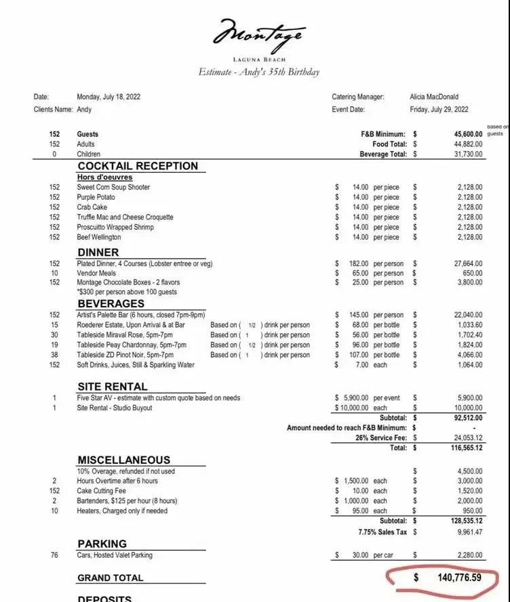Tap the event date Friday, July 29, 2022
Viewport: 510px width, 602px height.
[x=439, y=109]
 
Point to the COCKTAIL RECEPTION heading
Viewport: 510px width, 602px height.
[x=138, y=166]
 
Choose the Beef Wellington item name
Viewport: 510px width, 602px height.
[x=99, y=237]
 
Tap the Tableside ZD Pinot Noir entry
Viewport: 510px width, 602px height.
[x=125, y=355]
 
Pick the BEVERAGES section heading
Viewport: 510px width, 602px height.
[x=111, y=303]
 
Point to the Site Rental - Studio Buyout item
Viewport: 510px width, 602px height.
[x=115, y=408]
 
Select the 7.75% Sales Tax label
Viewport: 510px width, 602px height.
[x=383, y=532]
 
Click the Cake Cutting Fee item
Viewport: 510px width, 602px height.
[x=102, y=490]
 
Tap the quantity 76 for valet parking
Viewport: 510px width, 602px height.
[x=54, y=555]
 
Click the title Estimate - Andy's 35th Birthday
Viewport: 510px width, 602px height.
[x=258, y=72]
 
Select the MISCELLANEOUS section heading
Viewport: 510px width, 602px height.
[x=124, y=460]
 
